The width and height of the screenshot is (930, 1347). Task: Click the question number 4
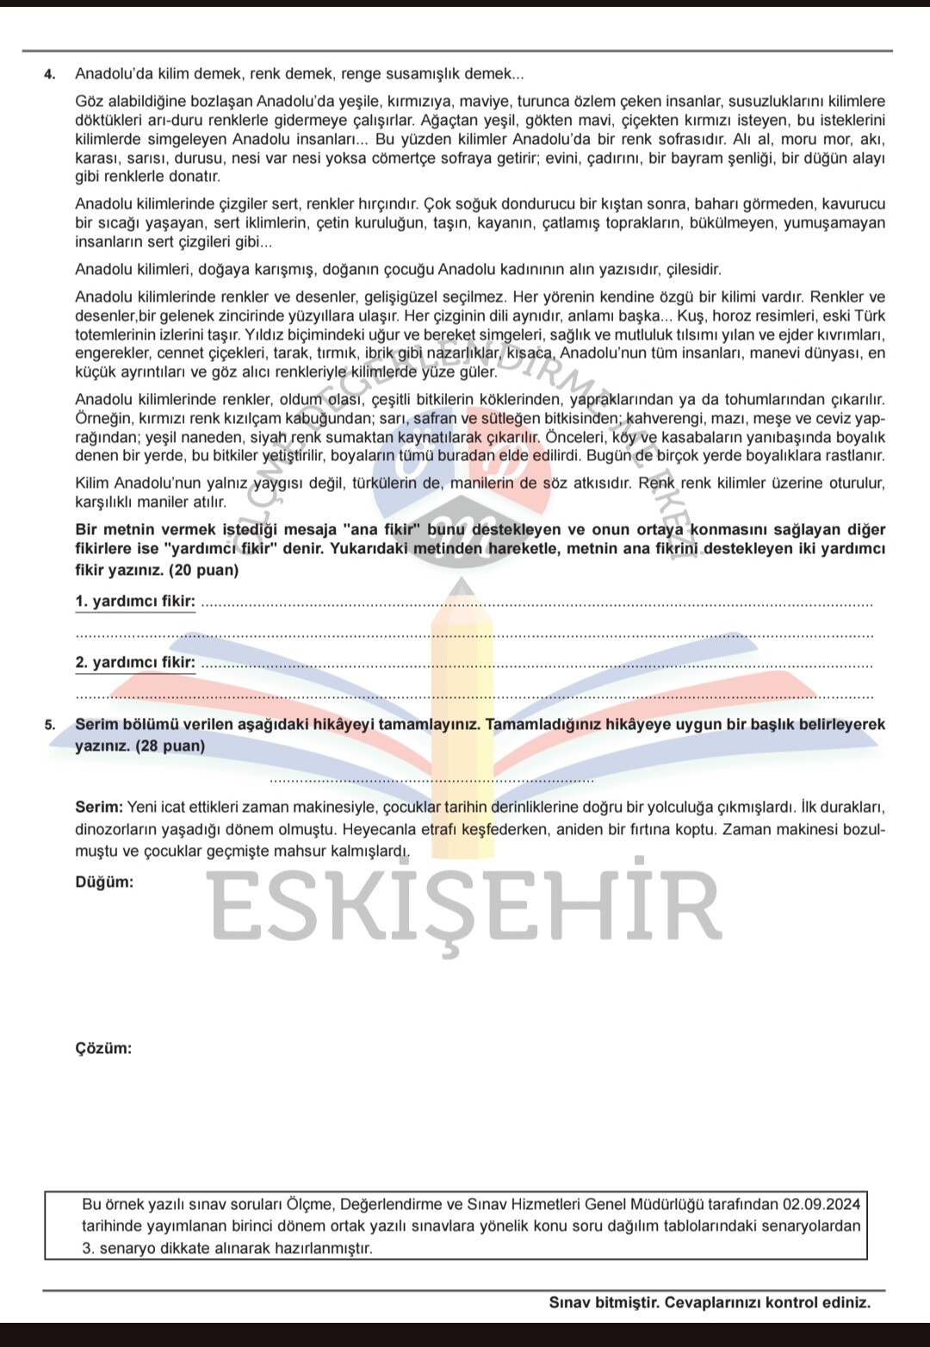pos(49,74)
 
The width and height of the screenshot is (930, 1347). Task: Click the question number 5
pos(49,725)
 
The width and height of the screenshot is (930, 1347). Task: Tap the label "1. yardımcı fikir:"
pos(135,602)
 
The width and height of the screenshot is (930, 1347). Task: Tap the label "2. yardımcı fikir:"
pos(135,663)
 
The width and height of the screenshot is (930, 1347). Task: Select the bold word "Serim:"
pos(99,808)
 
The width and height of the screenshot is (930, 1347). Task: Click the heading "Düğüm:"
pos(104,882)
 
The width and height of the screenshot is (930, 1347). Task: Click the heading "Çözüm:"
pos(103,1049)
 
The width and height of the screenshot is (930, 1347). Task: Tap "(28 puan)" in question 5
pos(170,746)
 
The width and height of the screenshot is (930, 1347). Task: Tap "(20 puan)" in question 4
pos(204,571)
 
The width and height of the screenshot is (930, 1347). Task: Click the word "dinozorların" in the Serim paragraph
pos(116,830)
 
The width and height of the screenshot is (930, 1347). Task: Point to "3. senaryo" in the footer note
pos(119,1248)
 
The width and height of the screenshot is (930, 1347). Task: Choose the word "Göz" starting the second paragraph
pos(88,102)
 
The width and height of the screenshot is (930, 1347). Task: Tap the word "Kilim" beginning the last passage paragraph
pos(92,483)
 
